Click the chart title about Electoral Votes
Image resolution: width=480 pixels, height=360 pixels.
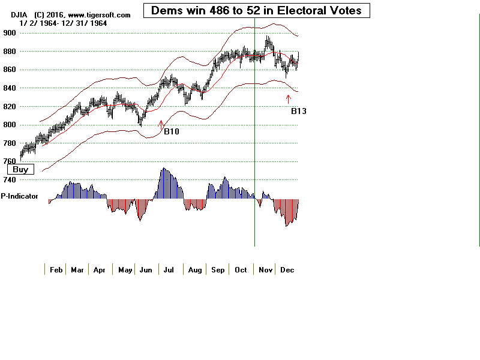coord(256,10)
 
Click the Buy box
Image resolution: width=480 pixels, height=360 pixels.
coord(20,169)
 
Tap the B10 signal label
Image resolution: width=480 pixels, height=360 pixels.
coord(172,131)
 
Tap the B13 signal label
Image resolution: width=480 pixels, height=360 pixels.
coord(299,111)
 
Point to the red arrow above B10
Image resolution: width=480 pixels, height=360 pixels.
coord(161,123)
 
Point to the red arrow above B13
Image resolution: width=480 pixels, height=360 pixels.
coord(289,99)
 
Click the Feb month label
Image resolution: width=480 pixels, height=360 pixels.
coord(56,270)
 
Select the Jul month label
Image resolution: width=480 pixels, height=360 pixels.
coord(169,270)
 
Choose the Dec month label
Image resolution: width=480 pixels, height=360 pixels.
coord(287,270)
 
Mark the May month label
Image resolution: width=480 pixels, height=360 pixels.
coord(125,270)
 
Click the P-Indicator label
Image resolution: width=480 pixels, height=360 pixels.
coord(20,196)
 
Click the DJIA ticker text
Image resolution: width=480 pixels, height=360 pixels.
coord(11,14)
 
